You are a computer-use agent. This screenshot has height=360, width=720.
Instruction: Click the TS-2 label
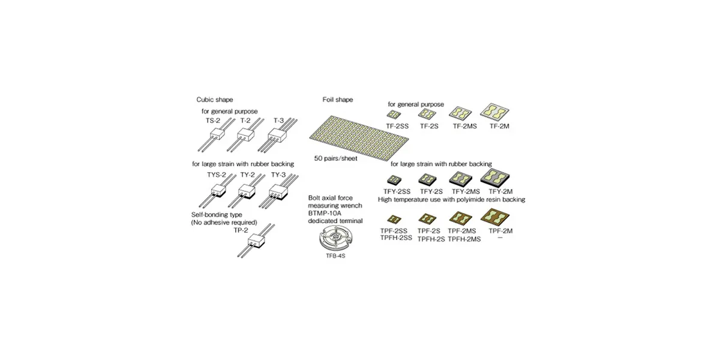pyautogui.click(x=213, y=121)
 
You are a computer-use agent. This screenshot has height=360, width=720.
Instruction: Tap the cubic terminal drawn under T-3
pyautogui.click(x=278, y=135)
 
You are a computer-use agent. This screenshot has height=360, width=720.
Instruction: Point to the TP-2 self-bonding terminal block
pyautogui.click(x=256, y=241)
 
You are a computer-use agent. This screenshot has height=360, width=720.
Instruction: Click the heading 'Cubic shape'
pyautogui.click(x=215, y=100)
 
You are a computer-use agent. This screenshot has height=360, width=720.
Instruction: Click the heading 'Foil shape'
pyautogui.click(x=337, y=100)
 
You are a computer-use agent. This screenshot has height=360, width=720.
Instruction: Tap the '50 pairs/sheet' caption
pyautogui.click(x=335, y=158)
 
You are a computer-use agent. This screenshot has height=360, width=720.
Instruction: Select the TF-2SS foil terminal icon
pyautogui.click(x=394, y=115)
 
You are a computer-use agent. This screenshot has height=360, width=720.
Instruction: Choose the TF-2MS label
pyautogui.click(x=465, y=127)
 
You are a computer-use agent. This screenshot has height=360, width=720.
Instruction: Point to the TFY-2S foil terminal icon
pyautogui.click(x=427, y=179)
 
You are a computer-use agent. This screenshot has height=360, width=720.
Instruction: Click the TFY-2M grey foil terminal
pyautogui.click(x=495, y=178)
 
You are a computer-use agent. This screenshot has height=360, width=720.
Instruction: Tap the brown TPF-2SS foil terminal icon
pyautogui.click(x=394, y=219)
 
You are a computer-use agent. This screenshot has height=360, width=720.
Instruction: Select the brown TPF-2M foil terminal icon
pyautogui.click(x=495, y=217)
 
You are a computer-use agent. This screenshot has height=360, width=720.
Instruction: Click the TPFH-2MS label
pyautogui.click(x=464, y=239)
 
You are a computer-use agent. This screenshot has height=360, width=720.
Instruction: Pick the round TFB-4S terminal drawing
pyautogui.click(x=335, y=238)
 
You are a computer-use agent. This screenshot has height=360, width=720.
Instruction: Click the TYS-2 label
pyautogui.click(x=217, y=175)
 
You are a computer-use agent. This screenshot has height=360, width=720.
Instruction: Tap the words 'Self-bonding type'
pyautogui.click(x=217, y=215)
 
